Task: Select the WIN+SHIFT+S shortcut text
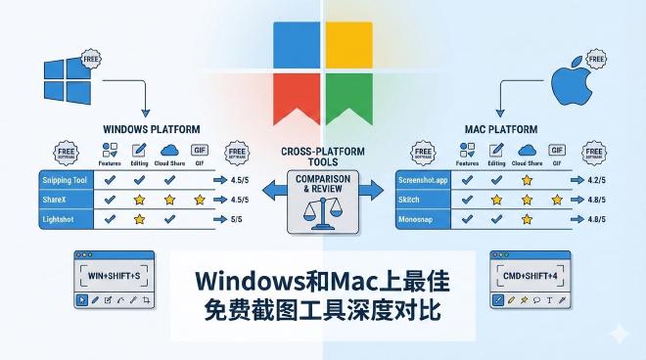pos(115,276)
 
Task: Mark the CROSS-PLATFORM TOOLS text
pos(322,157)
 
